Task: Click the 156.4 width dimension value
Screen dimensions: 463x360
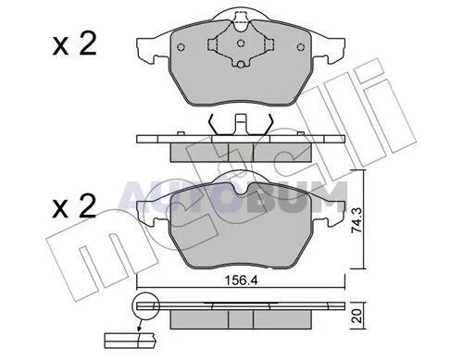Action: coord(241,280)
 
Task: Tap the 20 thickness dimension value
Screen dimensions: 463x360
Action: coord(357,317)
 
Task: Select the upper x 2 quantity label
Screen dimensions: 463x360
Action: coord(74,45)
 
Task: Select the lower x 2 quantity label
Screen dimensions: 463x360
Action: coord(74,206)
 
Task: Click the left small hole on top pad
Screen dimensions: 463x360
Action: coord(181,47)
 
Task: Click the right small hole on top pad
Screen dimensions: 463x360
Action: coord(300,47)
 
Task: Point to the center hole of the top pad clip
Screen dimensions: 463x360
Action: coord(241,43)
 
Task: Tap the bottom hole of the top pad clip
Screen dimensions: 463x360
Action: coord(241,64)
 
